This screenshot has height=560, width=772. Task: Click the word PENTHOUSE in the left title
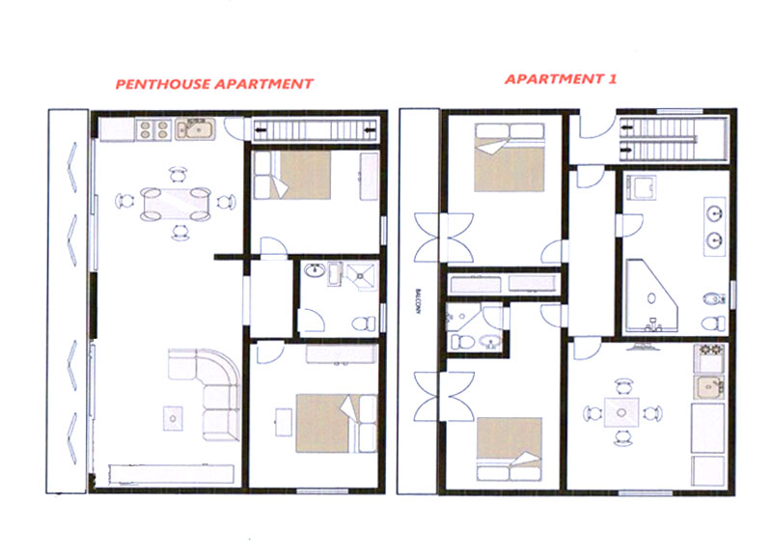click(163, 84)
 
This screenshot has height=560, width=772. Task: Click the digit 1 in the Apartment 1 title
click(612, 79)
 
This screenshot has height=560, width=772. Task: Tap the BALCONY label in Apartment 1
click(418, 301)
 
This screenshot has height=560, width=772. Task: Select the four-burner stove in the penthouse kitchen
click(153, 130)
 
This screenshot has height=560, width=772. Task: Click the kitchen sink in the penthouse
click(196, 129)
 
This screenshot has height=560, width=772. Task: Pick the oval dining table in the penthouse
click(176, 204)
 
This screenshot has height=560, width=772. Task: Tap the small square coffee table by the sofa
click(173, 419)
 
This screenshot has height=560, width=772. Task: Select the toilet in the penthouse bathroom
click(364, 323)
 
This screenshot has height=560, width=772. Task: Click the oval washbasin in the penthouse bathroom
click(315, 270)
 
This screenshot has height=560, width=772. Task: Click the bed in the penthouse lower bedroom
click(336, 423)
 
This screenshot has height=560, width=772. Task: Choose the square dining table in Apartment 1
click(621, 412)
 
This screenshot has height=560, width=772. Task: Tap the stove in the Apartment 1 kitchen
click(709, 358)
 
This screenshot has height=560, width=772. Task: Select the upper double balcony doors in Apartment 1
click(444, 238)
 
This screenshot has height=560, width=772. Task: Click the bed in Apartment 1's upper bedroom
click(510, 157)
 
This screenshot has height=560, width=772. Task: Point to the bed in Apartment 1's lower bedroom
click(510, 449)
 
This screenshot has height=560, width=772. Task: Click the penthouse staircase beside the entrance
click(316, 130)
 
